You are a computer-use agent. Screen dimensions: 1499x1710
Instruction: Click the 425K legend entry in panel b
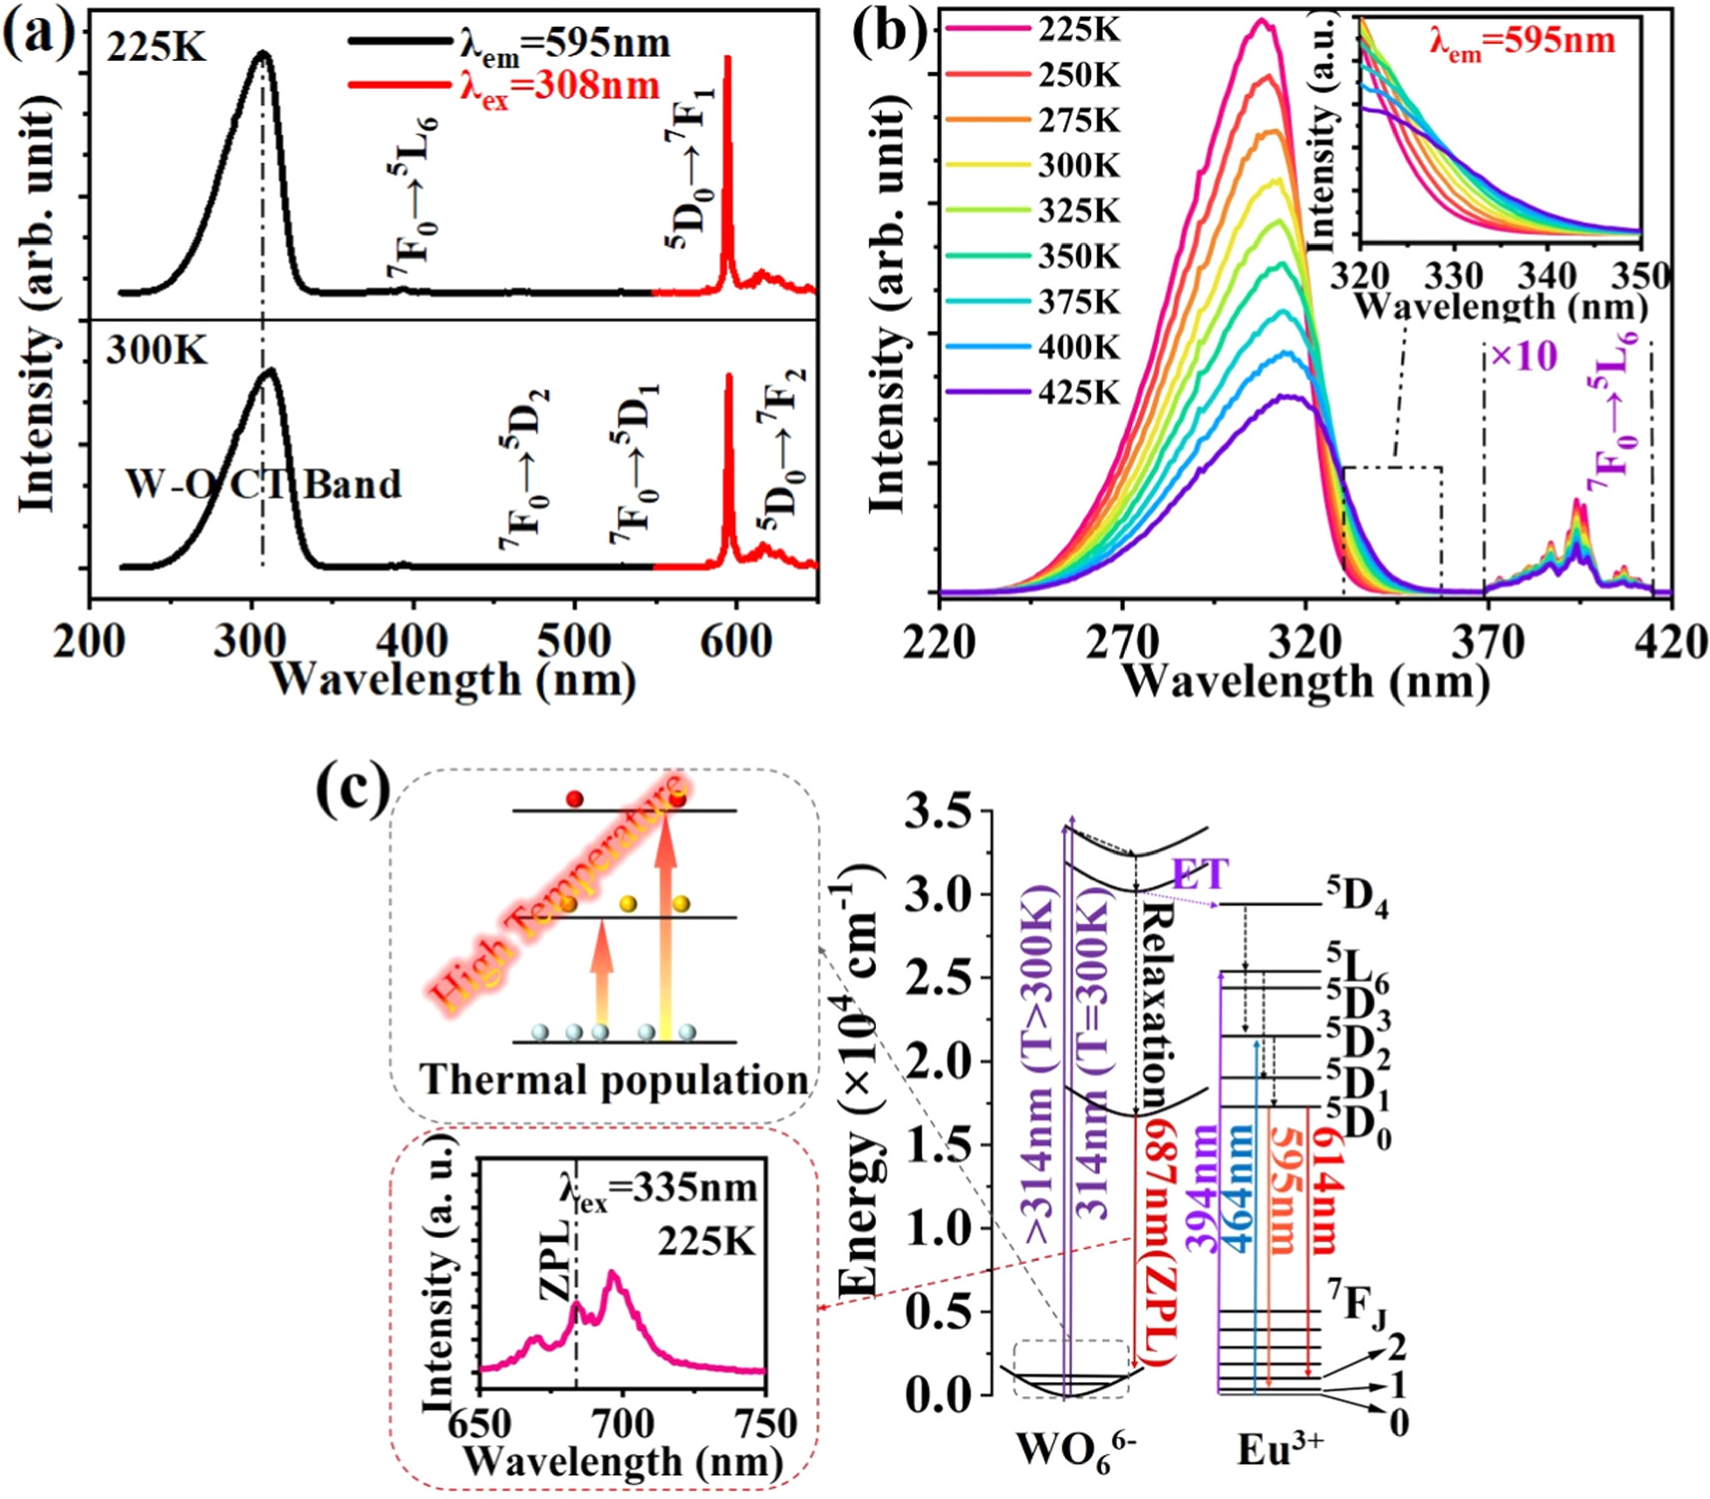pos(1079,393)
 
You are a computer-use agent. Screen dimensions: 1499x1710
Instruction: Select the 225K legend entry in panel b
pos(1079,30)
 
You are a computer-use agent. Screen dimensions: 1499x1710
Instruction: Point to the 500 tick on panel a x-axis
pos(574,641)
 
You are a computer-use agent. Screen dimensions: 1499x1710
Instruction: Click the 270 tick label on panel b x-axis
pos(1122,641)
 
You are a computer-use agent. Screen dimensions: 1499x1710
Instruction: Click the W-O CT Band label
pos(263,484)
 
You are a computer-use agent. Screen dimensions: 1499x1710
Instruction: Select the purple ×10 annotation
pos(1524,356)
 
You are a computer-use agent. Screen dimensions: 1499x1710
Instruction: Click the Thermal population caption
pos(613,1080)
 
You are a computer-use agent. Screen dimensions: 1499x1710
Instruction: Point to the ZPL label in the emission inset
pos(557,1259)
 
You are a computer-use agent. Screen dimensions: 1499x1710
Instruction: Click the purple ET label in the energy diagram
pos(1200,874)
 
